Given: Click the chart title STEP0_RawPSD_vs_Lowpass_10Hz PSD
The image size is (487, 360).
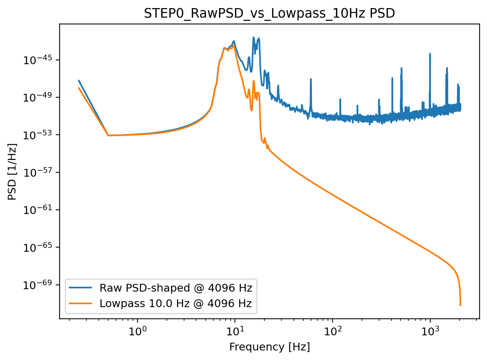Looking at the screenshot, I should click(269, 13).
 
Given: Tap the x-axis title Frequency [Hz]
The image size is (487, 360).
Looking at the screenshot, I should click(269, 347).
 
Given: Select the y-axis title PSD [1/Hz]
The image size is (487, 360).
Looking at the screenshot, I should click(12, 172).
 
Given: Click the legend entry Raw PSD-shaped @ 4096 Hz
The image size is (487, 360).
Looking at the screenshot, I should click(176, 288).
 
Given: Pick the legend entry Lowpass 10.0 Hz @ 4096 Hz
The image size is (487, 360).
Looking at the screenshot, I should click(176, 303).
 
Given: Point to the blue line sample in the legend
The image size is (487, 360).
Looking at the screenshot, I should click(81, 288).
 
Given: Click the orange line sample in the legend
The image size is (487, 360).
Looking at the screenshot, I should click(81, 303).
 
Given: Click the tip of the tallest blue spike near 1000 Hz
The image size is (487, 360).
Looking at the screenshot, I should click(430, 54).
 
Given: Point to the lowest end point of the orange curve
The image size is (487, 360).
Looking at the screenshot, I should click(460, 305).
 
